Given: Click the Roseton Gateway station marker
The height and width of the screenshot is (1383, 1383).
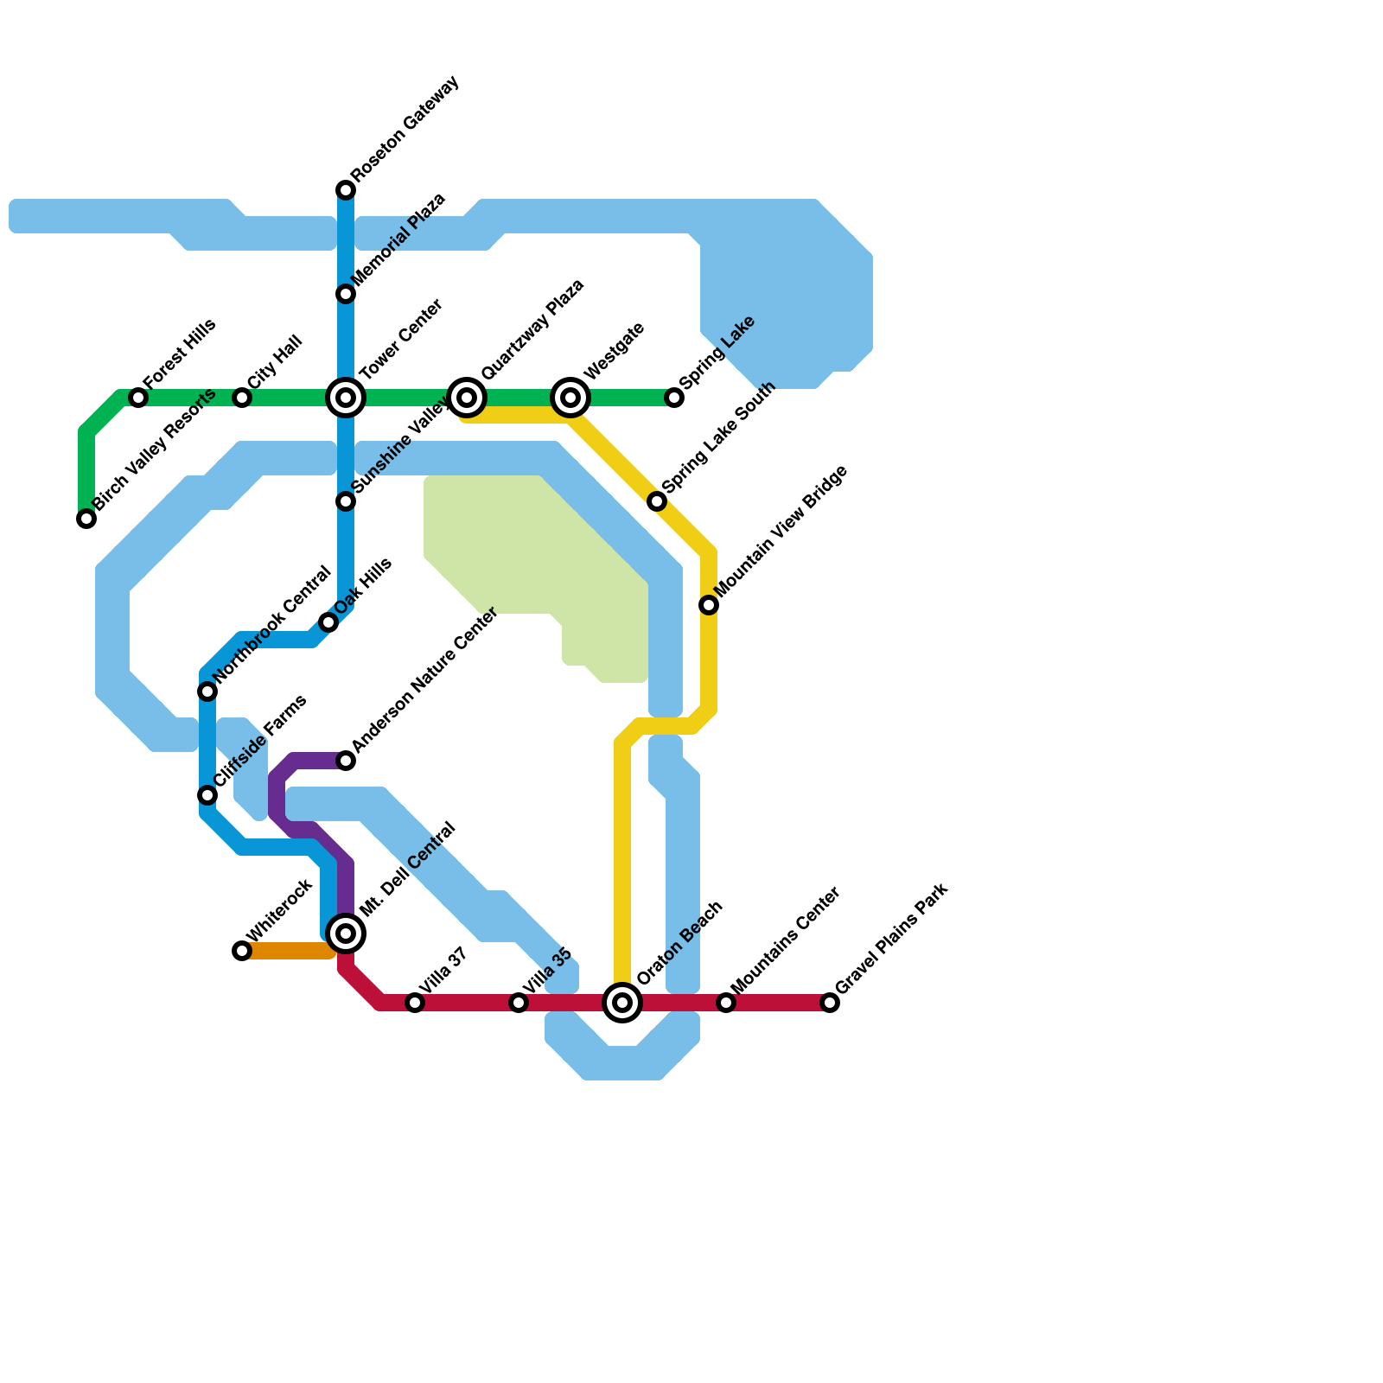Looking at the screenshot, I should pyautogui.click(x=346, y=190).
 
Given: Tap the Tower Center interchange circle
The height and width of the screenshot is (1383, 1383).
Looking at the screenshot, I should pyautogui.click(x=346, y=398).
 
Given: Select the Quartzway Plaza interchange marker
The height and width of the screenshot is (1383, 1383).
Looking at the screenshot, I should pyautogui.click(x=467, y=398).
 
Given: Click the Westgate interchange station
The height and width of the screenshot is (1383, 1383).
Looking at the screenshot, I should pyautogui.click(x=570, y=398).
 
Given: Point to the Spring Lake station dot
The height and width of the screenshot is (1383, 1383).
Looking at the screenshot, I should pyautogui.click(x=674, y=398).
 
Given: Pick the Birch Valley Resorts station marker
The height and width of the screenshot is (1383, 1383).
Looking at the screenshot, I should pyautogui.click(x=86, y=519).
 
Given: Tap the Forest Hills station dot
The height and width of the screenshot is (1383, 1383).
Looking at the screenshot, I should pyautogui.click(x=138, y=398).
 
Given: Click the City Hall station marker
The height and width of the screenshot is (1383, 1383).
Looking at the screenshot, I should pyautogui.click(x=242, y=398).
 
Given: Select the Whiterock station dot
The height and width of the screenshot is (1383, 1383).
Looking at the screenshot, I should pyautogui.click(x=242, y=951).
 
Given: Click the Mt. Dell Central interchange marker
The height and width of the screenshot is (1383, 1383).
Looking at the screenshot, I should pyautogui.click(x=346, y=934).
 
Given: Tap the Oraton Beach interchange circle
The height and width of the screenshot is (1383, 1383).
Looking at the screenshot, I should pyautogui.click(x=622, y=1003).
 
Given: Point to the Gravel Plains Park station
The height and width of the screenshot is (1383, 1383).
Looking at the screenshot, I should pyautogui.click(x=830, y=1003).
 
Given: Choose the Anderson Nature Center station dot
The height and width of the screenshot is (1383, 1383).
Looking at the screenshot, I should pyautogui.click(x=346, y=761).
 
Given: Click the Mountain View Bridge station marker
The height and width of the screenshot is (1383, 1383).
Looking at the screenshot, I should pyautogui.click(x=709, y=605).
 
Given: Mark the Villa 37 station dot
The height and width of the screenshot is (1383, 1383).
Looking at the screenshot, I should pyautogui.click(x=415, y=1003).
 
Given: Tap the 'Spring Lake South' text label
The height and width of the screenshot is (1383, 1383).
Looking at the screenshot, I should pyautogui.click(x=719, y=438).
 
